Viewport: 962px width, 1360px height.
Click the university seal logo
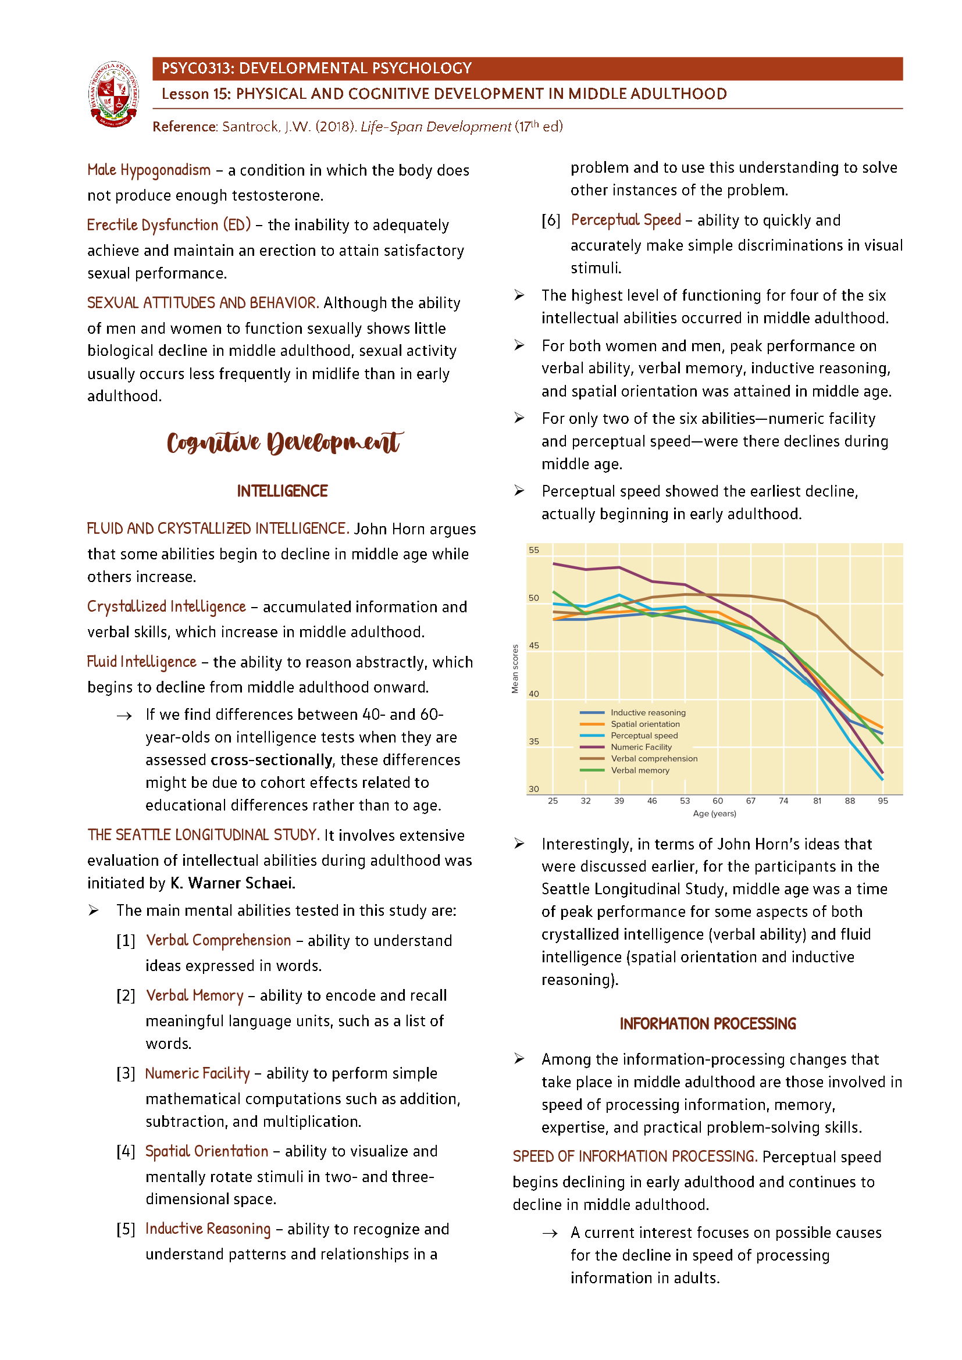[x=114, y=94]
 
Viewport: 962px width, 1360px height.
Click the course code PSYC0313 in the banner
[x=197, y=68]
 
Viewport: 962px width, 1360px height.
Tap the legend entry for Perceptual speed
[x=644, y=736]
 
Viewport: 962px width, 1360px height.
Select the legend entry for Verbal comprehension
[x=653, y=759]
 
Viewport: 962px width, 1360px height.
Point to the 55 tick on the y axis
[x=534, y=550]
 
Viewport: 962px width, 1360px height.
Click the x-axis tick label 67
[x=750, y=801]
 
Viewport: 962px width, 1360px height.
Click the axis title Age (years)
[x=714, y=814]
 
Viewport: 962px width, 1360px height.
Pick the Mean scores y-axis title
[x=515, y=669]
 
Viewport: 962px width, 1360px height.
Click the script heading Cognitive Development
[x=284, y=442]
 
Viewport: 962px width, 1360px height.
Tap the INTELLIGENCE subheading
[x=282, y=491]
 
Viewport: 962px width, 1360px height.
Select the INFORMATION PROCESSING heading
[x=707, y=1024]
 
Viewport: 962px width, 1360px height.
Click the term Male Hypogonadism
[x=149, y=170]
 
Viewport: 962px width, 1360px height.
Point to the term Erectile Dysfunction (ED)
[x=169, y=225]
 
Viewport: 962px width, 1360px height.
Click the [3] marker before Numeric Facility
[x=126, y=1073]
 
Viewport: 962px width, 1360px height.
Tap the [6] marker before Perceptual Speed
[x=550, y=220]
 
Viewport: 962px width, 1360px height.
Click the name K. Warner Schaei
[x=233, y=883]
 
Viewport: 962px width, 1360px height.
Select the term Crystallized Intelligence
[x=166, y=606]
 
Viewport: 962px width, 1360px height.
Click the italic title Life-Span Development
[x=436, y=127]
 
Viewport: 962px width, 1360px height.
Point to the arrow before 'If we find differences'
[x=124, y=716]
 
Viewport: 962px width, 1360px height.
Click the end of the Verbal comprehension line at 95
[x=883, y=675]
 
